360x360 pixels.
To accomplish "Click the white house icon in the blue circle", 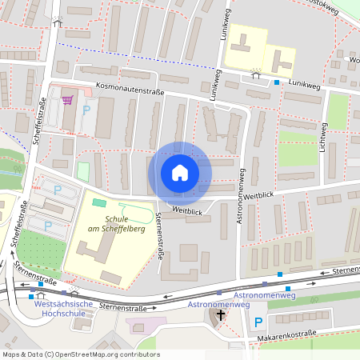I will point(180,173).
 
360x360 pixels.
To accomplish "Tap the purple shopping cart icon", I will point(67,99).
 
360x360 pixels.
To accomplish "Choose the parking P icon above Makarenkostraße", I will point(258,322).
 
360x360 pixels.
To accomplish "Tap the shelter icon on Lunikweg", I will point(255,73).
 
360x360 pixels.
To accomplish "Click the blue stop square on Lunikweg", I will point(277,82).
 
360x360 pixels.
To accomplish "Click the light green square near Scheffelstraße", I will point(82,170).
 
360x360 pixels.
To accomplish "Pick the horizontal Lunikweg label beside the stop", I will point(305,82).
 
